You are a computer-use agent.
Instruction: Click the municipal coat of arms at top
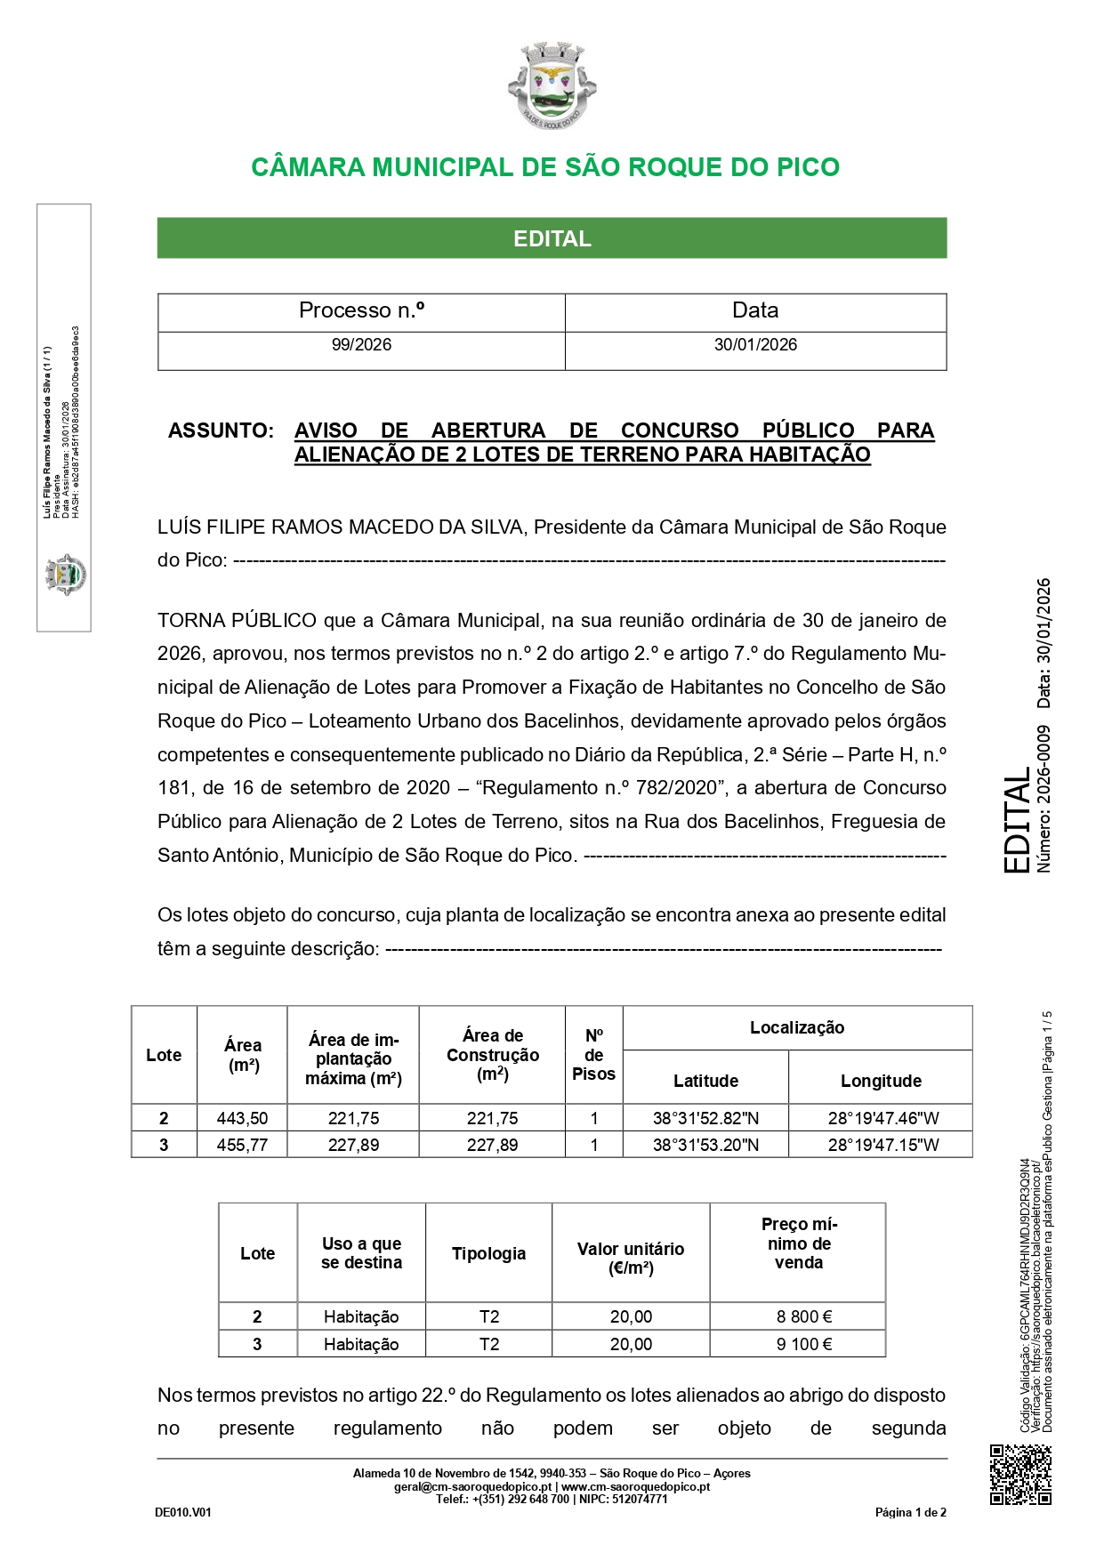click(552, 84)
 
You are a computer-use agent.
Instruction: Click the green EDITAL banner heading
click(552, 238)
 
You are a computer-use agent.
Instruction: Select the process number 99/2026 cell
click(361, 345)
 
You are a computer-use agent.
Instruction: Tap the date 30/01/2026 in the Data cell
click(755, 345)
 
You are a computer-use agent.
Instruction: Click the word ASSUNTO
click(221, 430)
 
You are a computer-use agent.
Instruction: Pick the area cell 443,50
click(242, 1118)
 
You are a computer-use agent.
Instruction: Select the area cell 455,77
click(242, 1145)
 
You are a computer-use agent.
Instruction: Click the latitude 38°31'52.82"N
click(705, 1118)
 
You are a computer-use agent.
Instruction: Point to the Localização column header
click(797, 1028)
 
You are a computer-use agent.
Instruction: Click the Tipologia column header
click(488, 1253)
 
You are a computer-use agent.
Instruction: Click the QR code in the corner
click(1020, 1475)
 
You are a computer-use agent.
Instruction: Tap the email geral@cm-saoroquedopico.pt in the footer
click(472, 1486)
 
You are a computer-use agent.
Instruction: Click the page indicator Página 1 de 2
click(910, 1512)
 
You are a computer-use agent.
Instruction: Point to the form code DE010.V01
click(183, 1512)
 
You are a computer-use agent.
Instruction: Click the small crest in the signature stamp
click(65, 574)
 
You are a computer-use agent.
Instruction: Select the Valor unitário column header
click(631, 1258)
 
